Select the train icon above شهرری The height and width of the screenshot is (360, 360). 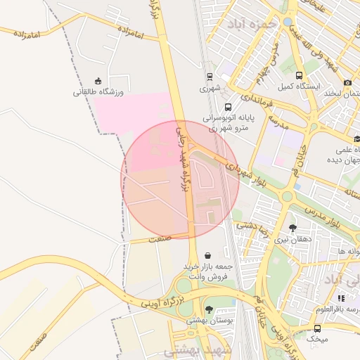click(210, 77)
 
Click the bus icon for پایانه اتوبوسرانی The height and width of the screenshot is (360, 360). click(227, 107)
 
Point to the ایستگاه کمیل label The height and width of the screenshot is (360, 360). click(299, 86)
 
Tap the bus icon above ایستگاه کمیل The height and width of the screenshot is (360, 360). click(299, 75)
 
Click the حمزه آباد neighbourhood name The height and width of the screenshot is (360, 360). click(252, 23)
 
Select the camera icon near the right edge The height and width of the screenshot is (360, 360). click(347, 82)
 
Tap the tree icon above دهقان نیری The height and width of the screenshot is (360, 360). click(292, 228)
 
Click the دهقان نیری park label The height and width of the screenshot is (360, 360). click(291, 239)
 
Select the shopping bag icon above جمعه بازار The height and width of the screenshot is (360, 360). click(207, 255)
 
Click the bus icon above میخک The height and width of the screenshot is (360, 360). click(318, 328)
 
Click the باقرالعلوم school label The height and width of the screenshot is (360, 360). click(342, 309)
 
